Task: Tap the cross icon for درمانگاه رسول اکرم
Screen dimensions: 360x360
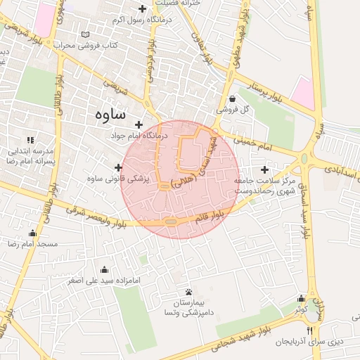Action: click(x=143, y=9)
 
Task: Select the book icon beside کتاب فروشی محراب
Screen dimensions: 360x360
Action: click(x=86, y=34)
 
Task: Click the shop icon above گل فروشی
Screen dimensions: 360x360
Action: click(x=233, y=98)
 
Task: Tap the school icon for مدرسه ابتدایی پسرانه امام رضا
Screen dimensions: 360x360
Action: click(x=30, y=140)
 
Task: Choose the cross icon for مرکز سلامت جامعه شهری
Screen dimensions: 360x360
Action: click(x=264, y=169)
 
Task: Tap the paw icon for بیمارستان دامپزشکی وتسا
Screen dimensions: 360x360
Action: click(x=188, y=292)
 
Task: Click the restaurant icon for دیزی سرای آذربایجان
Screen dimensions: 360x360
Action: click(x=308, y=330)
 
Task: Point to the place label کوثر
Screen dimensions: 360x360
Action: click(x=301, y=309)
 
